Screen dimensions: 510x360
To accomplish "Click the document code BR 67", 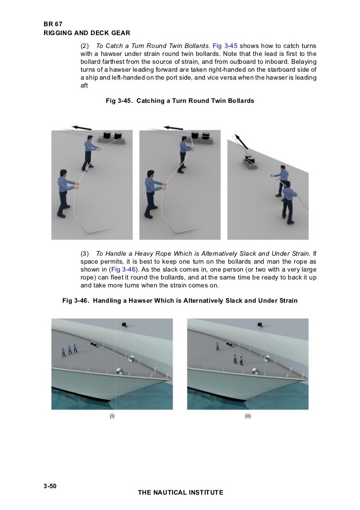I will click(52, 24).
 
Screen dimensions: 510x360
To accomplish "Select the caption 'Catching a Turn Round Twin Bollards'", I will click(195, 101).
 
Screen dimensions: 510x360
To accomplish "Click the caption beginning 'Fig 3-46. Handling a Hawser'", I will click(180, 300).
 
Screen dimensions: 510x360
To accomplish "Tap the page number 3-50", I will click(50, 487).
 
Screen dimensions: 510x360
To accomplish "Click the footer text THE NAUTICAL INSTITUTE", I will click(180, 493).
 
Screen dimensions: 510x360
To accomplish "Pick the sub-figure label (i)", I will click(112, 417).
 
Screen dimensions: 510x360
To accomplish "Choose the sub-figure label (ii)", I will click(248, 417).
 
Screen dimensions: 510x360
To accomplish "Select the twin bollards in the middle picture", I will click(198, 135).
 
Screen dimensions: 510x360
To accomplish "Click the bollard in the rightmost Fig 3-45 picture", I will click(248, 159).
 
